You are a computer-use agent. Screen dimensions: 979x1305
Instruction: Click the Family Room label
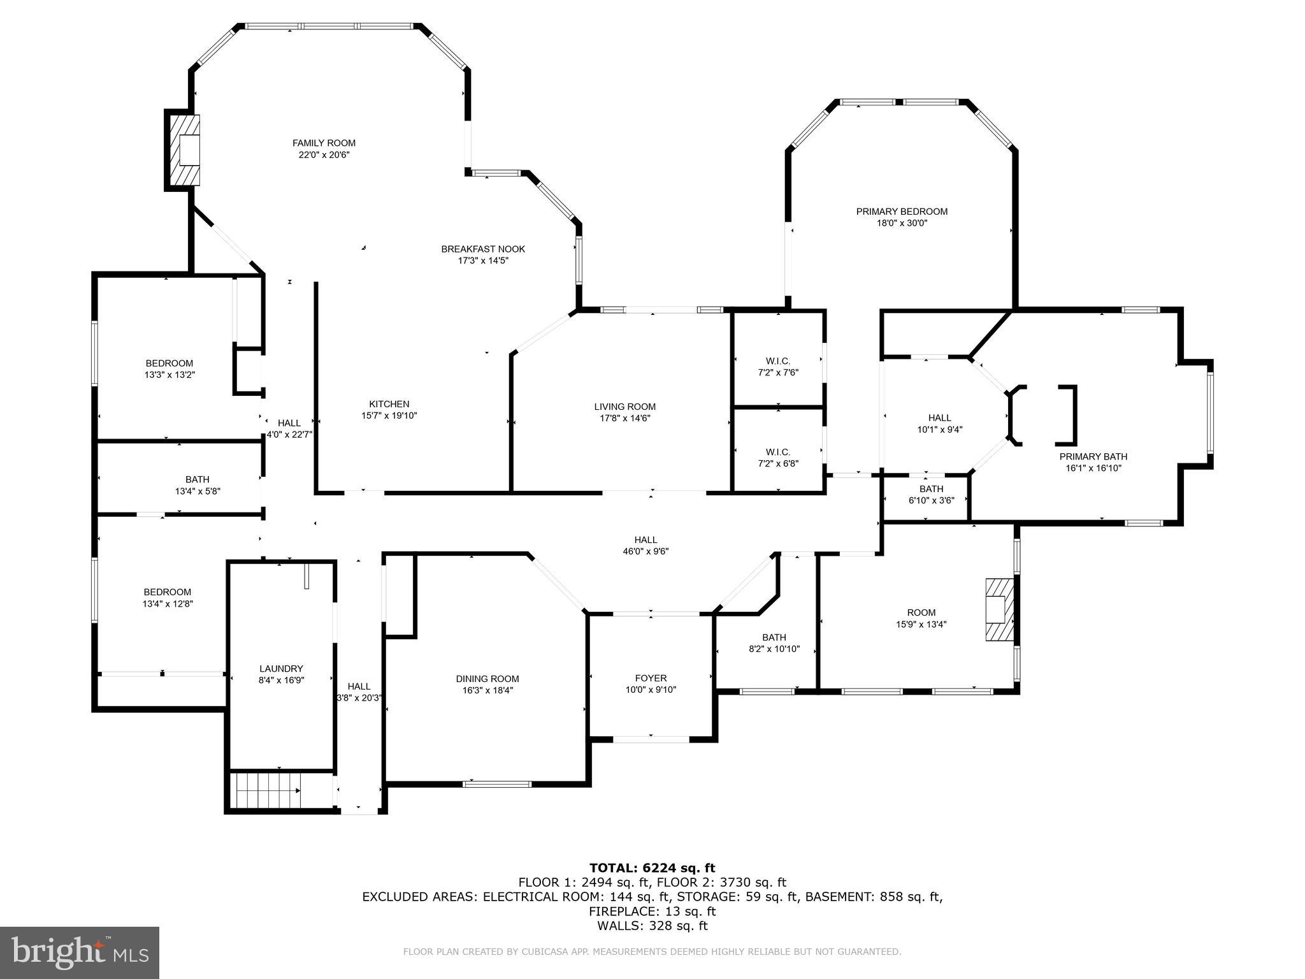pyautogui.click(x=324, y=143)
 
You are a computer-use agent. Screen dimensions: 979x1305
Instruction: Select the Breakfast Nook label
pyautogui.click(x=483, y=249)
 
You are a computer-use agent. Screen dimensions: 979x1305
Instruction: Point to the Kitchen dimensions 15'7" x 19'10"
pyautogui.click(x=389, y=416)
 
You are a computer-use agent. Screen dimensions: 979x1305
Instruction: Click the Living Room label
pyautogui.click(x=624, y=407)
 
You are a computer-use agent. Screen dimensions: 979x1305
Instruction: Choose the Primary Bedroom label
pyautogui.click(x=902, y=212)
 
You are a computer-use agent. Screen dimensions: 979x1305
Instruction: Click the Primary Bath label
pyautogui.click(x=1093, y=456)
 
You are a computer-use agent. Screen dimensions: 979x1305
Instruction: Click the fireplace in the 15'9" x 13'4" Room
pyautogui.click(x=999, y=609)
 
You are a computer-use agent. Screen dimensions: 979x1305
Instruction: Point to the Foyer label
pyautogui.click(x=651, y=678)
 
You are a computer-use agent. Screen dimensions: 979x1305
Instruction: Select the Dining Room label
pyautogui.click(x=487, y=679)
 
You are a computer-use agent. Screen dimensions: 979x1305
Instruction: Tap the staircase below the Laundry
pyautogui.click(x=265, y=790)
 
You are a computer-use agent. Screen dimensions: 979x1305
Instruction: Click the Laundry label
pyautogui.click(x=281, y=669)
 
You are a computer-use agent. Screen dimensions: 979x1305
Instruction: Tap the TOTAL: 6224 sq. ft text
pyautogui.click(x=652, y=867)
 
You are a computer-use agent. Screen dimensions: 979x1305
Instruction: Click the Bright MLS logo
pyautogui.click(x=80, y=952)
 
